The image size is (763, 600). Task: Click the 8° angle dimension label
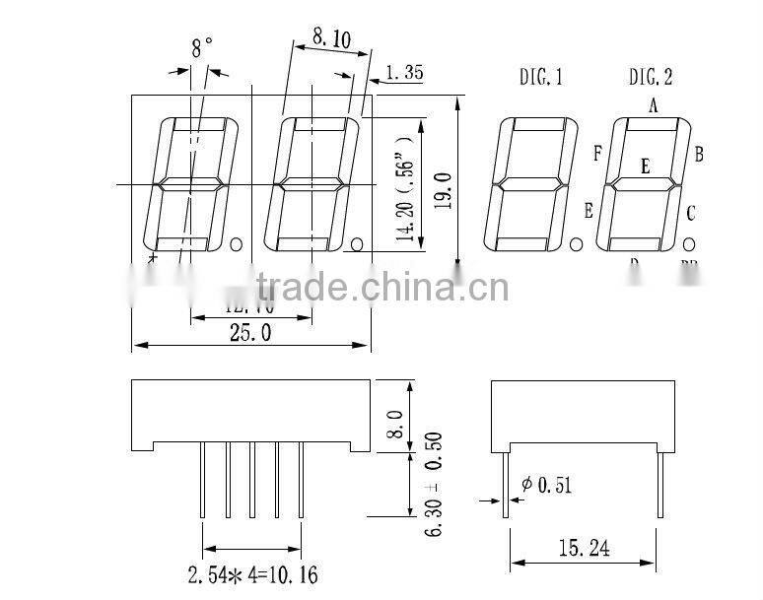[x=202, y=46]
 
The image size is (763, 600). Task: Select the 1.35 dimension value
[x=404, y=72]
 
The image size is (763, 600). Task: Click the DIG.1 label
[x=541, y=77]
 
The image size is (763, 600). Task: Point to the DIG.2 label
[x=652, y=77]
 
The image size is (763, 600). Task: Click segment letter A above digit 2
[x=653, y=105]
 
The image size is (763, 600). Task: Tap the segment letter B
[x=698, y=153]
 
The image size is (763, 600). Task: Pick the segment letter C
[x=692, y=212]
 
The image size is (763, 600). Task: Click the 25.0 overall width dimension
[x=250, y=332]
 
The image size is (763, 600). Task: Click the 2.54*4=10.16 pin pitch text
[x=253, y=574]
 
